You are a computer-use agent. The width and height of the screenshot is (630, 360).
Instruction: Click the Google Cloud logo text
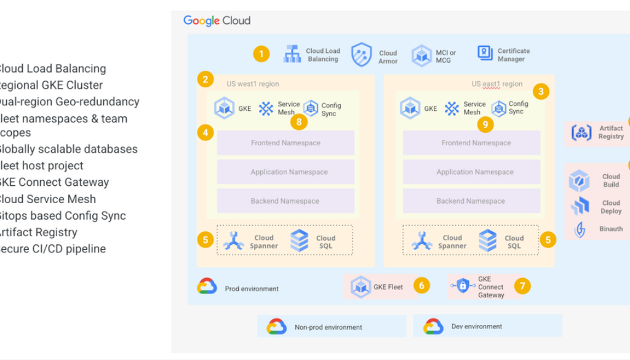pos(217,21)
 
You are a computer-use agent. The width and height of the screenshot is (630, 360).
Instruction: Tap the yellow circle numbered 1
pos(261,54)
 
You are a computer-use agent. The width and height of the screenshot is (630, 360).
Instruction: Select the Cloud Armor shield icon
pos(362,55)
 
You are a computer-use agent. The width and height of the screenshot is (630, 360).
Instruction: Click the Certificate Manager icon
pos(485,54)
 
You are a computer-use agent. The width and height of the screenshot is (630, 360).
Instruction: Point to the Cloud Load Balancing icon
pos(292,54)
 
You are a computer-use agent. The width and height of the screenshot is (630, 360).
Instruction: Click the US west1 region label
pos(252,84)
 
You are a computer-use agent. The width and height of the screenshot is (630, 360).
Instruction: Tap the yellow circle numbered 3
pos(541,92)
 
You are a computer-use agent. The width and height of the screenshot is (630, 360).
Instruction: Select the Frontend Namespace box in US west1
pos(285,143)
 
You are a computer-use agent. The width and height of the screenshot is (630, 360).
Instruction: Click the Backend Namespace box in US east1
pos(471,201)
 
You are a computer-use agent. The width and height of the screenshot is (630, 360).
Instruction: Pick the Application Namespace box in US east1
pos(471,172)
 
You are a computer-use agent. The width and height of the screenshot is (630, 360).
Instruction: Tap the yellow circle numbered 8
pos(299,122)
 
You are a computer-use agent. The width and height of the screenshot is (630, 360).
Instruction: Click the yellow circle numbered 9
pos(485,124)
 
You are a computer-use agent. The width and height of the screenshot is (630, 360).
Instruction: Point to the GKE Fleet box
pos(377,287)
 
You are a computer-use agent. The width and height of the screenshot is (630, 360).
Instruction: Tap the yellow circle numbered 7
pos(522,286)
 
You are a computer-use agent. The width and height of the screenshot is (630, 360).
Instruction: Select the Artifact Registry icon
pos(581,132)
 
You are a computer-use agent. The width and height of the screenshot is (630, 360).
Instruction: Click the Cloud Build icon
pos(579,180)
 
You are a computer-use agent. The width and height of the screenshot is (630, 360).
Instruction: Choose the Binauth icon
pos(580,229)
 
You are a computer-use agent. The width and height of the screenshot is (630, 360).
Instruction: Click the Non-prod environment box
pos(331,327)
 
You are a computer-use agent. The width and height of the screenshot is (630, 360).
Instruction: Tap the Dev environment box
pos(487,326)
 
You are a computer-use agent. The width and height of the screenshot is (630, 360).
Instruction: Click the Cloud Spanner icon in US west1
pos(234,241)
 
